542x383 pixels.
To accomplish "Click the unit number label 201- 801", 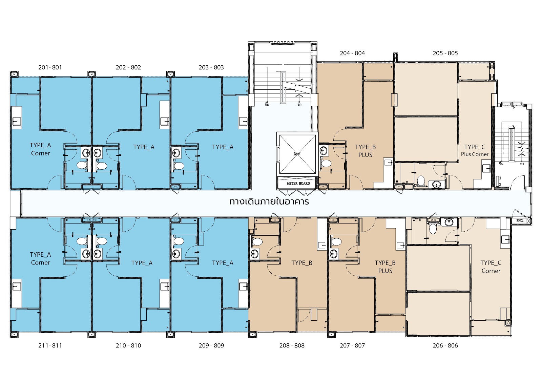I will pos(50,67).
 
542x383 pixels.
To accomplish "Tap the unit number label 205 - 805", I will pos(445,53).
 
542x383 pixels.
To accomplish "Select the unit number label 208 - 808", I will pos(292,345).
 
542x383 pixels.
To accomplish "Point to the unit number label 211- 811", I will pos(50,345).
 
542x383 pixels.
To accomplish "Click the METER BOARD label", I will pos(298,184).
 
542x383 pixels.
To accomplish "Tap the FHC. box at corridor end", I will pos(520,221).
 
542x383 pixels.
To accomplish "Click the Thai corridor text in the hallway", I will pos(269,202).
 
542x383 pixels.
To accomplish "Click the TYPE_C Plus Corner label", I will pos(475,150).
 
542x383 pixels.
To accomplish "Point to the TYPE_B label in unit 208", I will pos(302,263).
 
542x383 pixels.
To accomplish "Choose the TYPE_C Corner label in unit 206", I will pos(491,267).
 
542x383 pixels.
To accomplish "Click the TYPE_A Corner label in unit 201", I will pos(40,149).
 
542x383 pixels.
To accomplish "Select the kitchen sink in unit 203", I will pos(243,121).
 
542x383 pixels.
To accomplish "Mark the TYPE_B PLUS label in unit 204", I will pos(365,151).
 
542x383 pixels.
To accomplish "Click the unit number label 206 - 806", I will pos(445,345).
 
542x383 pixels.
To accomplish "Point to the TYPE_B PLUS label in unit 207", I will pos(385,267).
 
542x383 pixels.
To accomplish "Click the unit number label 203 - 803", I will pos(211,67).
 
